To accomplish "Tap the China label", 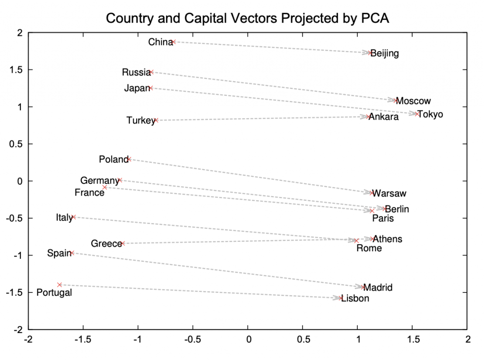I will click(x=160, y=43).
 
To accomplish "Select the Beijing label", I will click(x=384, y=53).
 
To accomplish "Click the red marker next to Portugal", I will click(x=60, y=285).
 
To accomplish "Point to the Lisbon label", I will click(x=355, y=299).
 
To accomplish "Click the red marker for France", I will click(x=105, y=188).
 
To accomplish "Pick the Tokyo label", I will click(x=431, y=114).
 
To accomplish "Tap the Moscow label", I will click(x=413, y=101).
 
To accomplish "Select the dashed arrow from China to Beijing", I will click(x=272, y=47).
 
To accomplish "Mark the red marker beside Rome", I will click(x=356, y=240).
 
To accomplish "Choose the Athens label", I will click(x=388, y=239).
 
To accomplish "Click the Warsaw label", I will click(x=389, y=193).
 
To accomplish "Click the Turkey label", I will click(x=140, y=121).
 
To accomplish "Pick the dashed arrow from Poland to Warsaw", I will click(x=251, y=176).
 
